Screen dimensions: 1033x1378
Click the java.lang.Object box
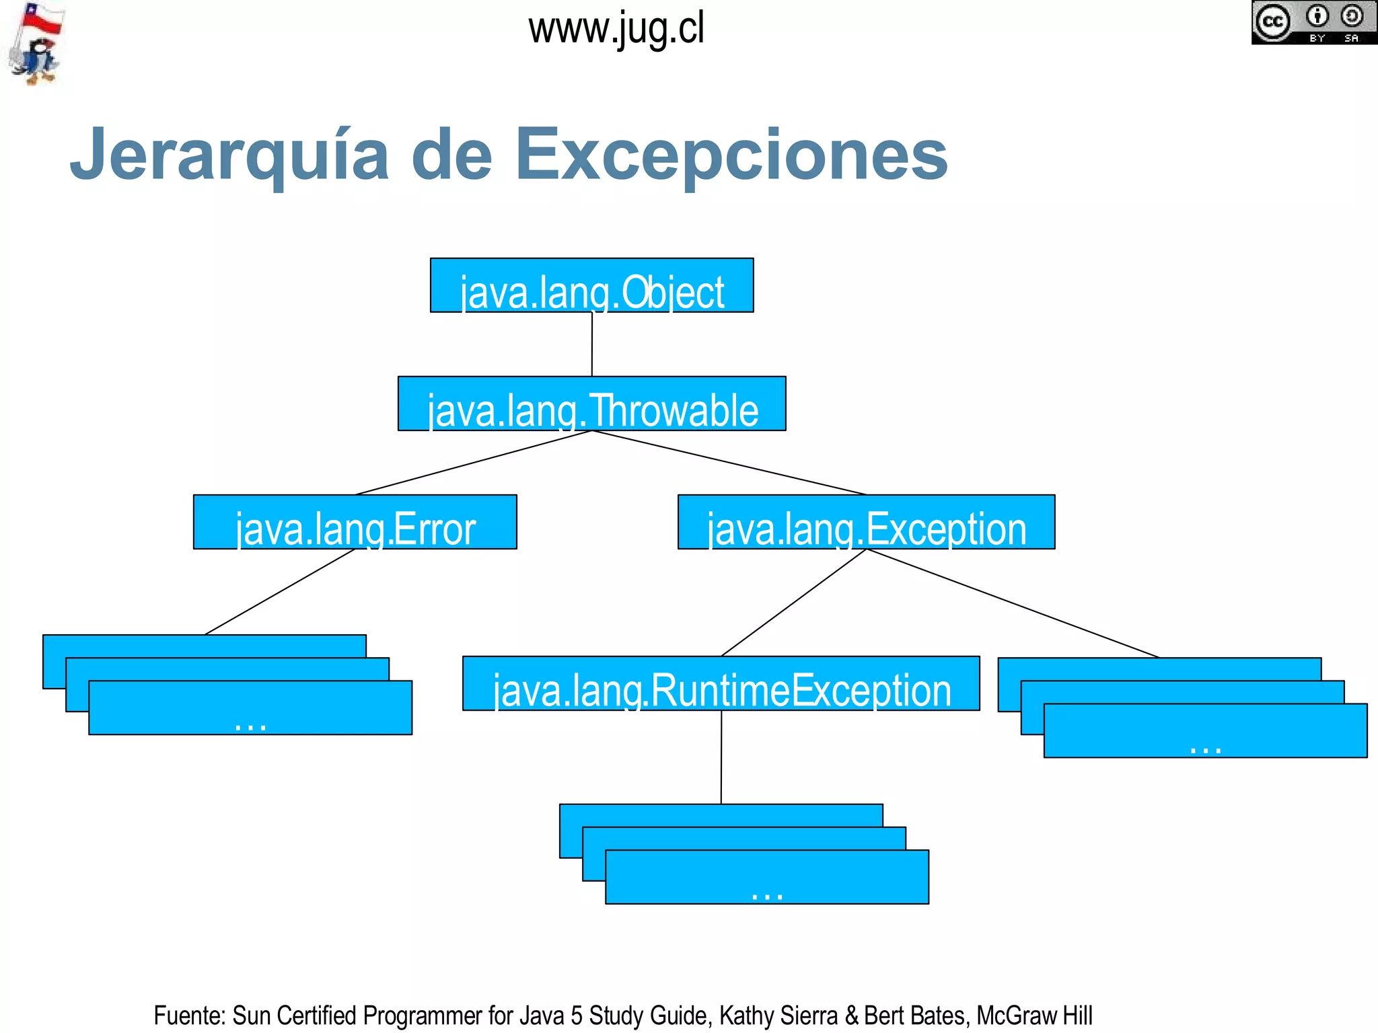pos(591,285)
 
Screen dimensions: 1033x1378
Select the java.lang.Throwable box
pos(591,404)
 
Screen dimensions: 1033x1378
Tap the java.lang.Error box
pos(355,522)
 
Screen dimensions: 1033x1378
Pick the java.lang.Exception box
pos(866,522)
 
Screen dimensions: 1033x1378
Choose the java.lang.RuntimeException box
pos(721,683)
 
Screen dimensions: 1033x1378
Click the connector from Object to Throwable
pos(592,344)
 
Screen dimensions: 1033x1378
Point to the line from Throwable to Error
pos(473,463)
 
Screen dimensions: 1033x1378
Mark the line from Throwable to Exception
pos(729,463)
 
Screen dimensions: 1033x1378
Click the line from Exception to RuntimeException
pos(794,603)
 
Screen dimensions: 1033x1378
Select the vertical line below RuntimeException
pos(721,757)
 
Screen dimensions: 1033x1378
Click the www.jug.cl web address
pos(616,30)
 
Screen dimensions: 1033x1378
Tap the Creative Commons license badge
pos(1313,22)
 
